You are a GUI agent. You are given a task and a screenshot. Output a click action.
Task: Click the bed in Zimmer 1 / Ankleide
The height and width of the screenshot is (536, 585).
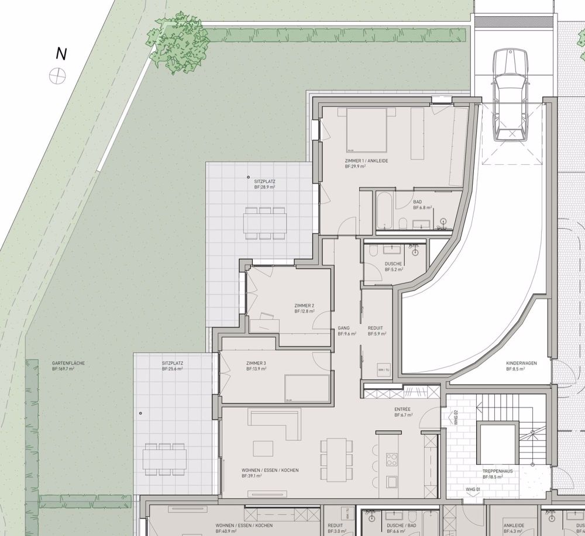[x=366, y=129]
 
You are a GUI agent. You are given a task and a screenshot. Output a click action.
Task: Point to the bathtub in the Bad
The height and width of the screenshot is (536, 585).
[x=384, y=210]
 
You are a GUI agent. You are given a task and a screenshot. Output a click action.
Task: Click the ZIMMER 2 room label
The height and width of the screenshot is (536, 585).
[x=304, y=308]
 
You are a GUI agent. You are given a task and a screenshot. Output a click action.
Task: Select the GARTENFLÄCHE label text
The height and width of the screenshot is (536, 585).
[x=68, y=366]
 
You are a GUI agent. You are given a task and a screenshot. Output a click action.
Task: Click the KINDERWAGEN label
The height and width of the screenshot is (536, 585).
[x=521, y=366]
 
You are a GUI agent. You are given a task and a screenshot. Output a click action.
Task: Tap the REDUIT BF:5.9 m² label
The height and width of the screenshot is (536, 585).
[x=376, y=331]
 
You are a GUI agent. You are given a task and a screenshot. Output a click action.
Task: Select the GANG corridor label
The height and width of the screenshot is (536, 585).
[x=343, y=331]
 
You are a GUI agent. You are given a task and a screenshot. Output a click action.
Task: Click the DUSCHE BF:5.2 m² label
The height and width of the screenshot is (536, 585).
[x=393, y=267]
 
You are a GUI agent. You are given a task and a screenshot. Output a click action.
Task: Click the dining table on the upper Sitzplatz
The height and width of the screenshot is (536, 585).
[x=265, y=223]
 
